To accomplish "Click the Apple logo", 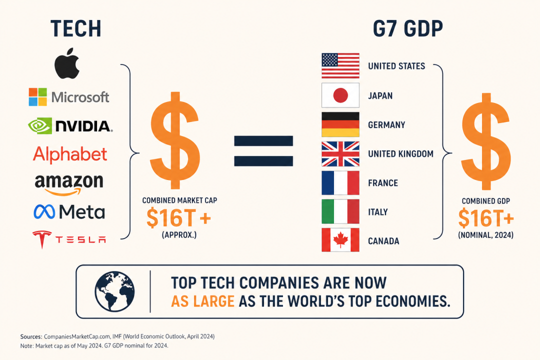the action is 67,63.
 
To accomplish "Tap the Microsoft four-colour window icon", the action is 38,97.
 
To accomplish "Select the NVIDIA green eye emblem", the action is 40,125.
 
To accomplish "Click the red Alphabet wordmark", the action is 70,154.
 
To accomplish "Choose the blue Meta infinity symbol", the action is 44,212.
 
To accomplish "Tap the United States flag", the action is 340,66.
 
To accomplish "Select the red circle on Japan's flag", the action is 340,95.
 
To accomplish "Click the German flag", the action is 340,124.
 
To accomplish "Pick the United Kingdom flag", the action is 340,154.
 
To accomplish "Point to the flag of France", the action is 340,183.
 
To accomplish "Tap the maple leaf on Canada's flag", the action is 340,240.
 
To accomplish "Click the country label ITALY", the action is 378,212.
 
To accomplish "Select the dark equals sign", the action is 263,151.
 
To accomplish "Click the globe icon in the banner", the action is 114,291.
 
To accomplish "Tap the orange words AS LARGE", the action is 203,301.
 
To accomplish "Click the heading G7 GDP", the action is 408,28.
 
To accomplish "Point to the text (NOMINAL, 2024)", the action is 485,235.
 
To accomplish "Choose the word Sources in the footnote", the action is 31,336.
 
